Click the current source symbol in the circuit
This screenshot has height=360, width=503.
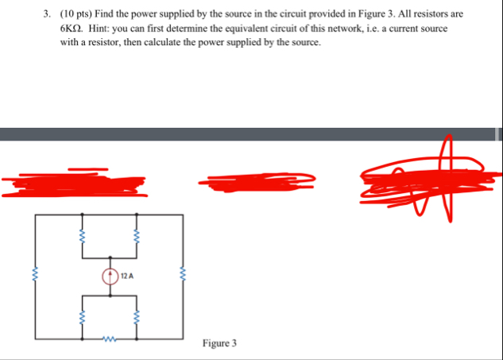point(110,277)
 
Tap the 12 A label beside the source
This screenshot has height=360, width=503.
point(127,277)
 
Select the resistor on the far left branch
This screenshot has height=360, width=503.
point(34,277)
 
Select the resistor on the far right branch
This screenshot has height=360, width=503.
point(184,277)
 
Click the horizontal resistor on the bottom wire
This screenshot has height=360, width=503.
point(109,342)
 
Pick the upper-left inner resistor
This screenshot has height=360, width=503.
point(83,236)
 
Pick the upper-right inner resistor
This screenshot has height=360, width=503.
point(135,236)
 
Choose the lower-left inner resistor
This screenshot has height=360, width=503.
point(83,317)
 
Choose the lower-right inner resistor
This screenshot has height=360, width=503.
point(135,317)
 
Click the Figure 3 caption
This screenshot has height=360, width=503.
point(219,343)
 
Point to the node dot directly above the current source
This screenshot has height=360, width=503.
point(110,257)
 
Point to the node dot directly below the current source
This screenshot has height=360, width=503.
point(110,296)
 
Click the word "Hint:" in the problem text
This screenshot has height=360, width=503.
point(103,28)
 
